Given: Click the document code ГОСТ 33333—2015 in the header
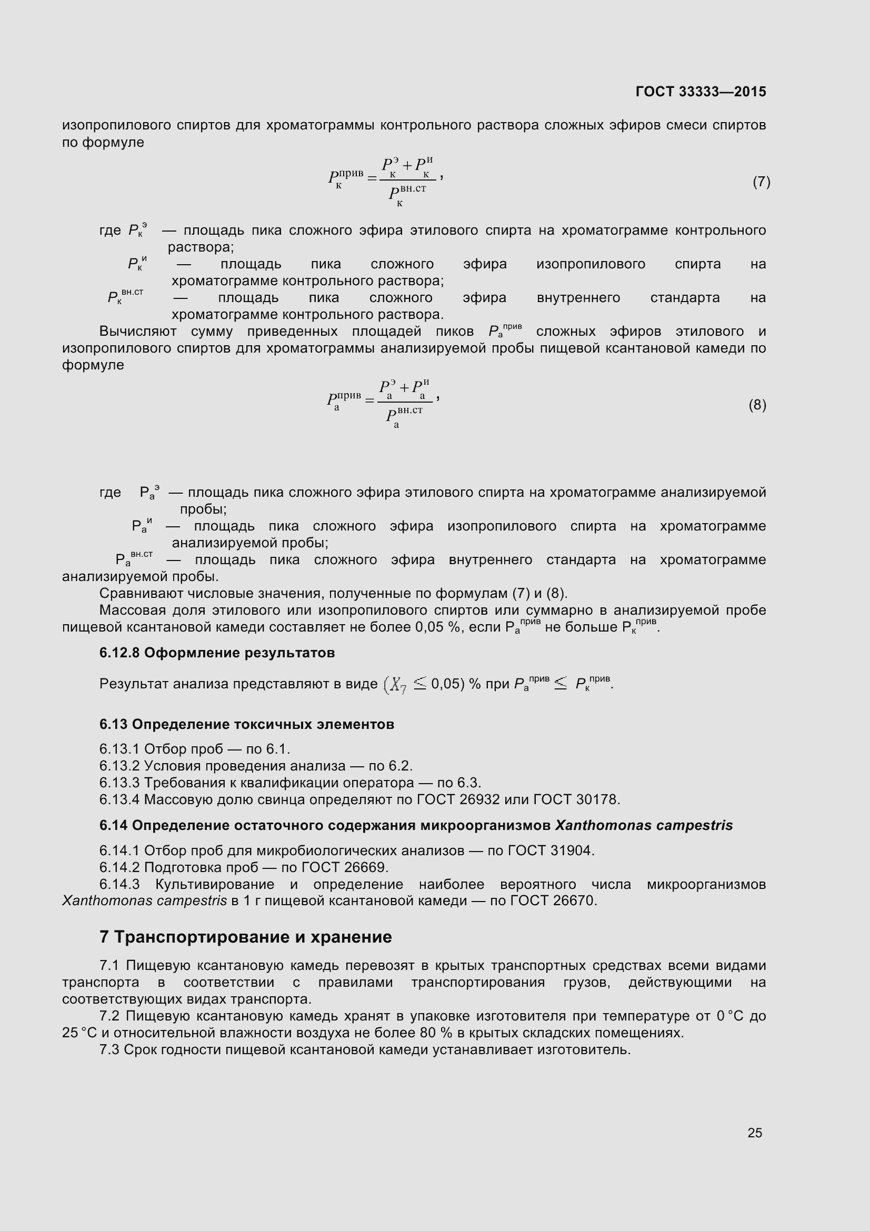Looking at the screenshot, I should [x=700, y=92].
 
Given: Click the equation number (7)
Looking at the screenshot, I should [x=761, y=182].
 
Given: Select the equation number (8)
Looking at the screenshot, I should [x=757, y=405].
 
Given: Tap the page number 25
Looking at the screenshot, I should [x=754, y=1133].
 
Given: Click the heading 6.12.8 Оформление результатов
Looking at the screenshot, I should [x=216, y=653].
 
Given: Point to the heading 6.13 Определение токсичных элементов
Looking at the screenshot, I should [x=247, y=724].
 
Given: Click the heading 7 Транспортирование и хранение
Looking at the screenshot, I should [x=245, y=937].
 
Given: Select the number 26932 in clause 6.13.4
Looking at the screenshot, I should [x=479, y=800].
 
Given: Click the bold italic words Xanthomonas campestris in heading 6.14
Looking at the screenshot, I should [x=643, y=825].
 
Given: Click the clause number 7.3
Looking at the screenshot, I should [x=109, y=1050].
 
